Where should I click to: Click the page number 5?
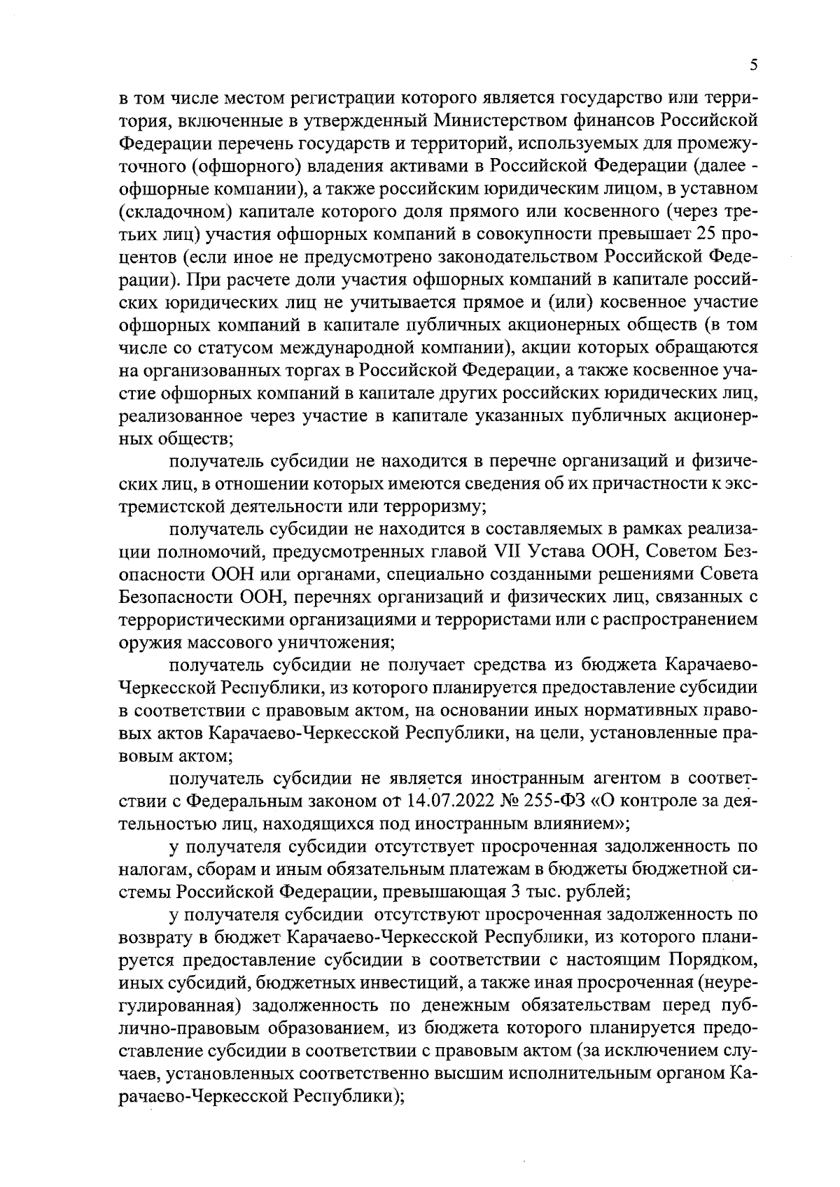pos(753,65)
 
